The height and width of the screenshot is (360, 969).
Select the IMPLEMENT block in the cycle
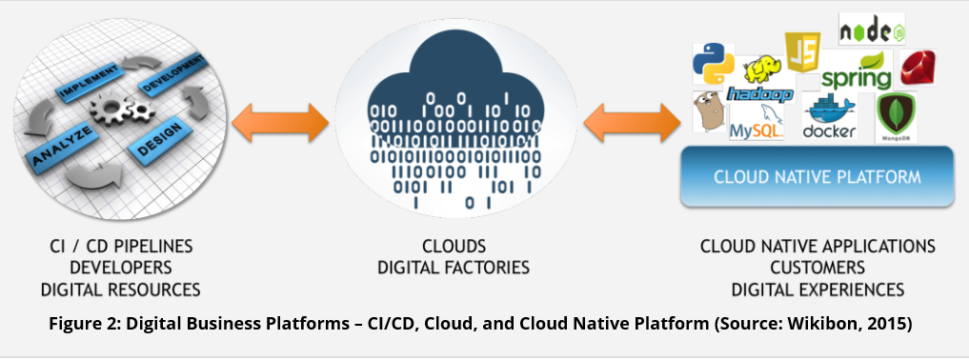pos(89,82)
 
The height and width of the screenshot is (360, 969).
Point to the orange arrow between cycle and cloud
pos(280,123)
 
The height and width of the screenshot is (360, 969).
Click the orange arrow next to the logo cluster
pos(633,123)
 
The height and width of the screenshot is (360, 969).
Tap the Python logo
pos(713,64)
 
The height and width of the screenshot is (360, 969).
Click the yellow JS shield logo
pos(802,51)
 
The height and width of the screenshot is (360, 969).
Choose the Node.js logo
pos(872,29)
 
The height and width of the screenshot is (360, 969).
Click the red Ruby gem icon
pos(919,68)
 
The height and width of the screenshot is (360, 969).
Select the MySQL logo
pos(757,122)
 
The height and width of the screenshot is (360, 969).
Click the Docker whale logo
pos(829,116)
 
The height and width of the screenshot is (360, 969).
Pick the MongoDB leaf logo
pos(896,116)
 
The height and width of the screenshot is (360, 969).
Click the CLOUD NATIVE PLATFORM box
pos(818,176)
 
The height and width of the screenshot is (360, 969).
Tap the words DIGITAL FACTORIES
pos(454,268)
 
